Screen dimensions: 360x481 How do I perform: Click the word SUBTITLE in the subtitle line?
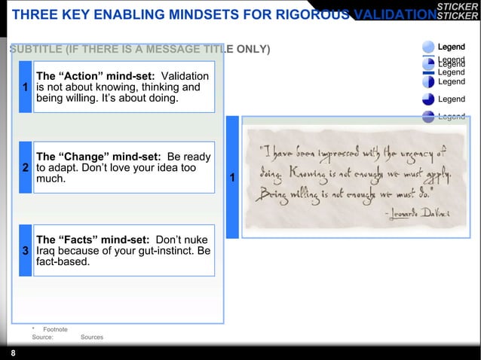[35, 50]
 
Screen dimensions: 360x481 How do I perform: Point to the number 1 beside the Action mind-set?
[25, 87]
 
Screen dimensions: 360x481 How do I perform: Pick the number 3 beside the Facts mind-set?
[25, 251]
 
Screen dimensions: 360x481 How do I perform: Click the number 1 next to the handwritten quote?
[232, 178]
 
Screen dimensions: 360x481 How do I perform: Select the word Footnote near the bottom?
[55, 329]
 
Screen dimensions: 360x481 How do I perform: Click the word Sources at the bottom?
[91, 337]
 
